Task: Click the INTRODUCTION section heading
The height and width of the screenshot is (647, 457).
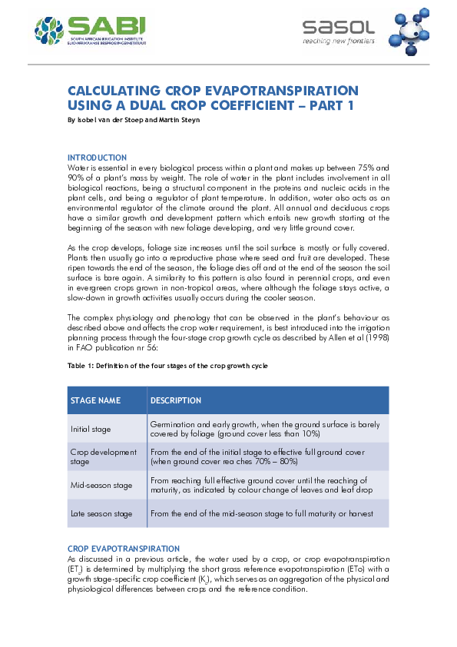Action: coord(98,158)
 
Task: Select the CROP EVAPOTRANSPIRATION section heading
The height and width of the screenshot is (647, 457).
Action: coord(118,548)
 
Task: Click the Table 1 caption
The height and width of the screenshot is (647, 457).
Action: coord(167,366)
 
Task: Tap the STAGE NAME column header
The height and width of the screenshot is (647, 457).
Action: coord(96,400)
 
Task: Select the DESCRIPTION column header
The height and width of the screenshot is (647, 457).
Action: coord(176,400)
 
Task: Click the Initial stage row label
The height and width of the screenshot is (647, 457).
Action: coord(91,429)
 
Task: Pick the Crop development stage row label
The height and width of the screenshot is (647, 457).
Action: coord(103,457)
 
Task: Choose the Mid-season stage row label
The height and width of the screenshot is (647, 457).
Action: coord(101,486)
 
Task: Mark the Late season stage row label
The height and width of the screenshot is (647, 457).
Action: coord(101,513)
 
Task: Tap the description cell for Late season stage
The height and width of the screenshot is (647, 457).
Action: coord(262,513)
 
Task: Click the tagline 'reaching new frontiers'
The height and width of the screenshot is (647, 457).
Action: coord(338,41)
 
